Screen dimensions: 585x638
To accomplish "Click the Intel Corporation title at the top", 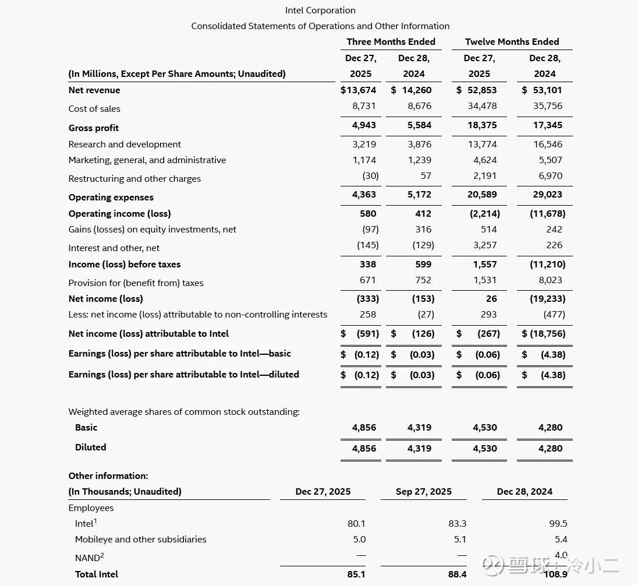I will tap(320, 10).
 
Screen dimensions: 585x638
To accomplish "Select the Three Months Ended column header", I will tap(391, 41).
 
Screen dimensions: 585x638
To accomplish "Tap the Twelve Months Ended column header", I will tap(512, 41).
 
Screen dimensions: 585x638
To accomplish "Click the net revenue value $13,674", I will tap(359, 90).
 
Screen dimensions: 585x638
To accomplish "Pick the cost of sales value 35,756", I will tap(548, 105).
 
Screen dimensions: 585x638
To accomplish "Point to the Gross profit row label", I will tap(94, 128).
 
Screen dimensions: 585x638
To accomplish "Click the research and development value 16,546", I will tap(548, 144).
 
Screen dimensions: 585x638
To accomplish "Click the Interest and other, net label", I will tap(114, 248).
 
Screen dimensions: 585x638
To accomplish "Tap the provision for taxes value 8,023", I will tap(551, 280).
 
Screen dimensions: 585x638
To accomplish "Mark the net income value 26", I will tap(492, 298).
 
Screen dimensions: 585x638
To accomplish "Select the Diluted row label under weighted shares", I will tap(91, 447).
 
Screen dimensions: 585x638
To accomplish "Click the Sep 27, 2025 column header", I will tap(424, 491).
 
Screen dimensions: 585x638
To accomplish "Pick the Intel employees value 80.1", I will tap(356, 523).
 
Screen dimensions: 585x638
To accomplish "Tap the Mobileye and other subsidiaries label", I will tap(141, 539).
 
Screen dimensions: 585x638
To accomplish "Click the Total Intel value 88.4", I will tap(457, 574).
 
